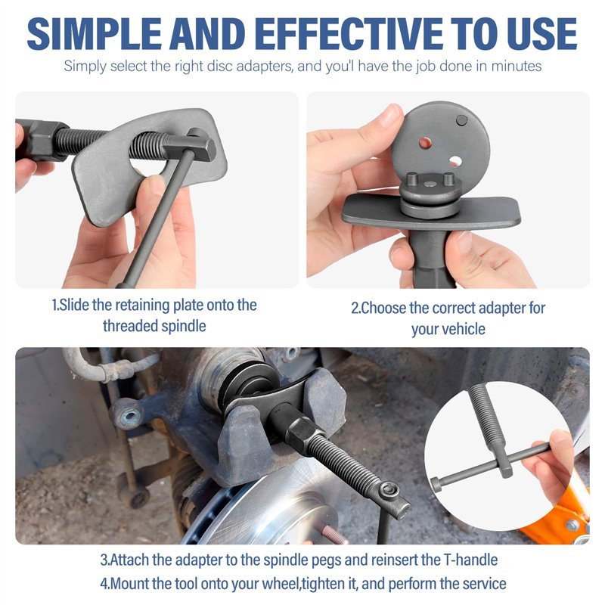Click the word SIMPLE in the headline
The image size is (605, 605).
94,33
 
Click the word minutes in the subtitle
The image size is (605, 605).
517,66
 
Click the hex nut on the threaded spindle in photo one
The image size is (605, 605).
43,140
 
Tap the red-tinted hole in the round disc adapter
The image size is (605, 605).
425,143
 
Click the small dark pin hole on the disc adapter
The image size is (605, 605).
461,121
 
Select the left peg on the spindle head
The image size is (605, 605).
412,180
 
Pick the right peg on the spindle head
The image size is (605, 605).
448,179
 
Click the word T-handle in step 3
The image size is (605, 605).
470,560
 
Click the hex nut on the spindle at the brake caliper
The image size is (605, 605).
300,430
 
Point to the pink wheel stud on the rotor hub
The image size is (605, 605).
333,534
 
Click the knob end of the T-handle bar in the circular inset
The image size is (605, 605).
436,484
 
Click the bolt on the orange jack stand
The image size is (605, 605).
572,525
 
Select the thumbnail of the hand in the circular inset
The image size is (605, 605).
560,436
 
